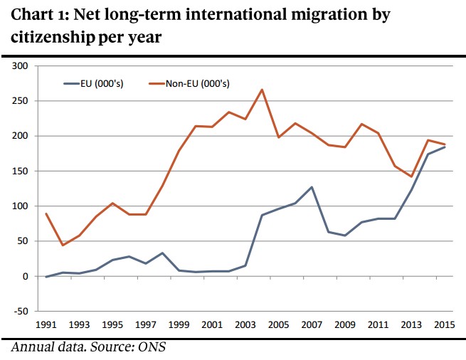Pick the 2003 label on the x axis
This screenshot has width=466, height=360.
(245, 325)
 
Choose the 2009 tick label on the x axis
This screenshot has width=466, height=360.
(345, 325)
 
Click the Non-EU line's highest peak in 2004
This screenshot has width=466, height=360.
(262, 90)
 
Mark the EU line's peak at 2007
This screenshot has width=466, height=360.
(312, 187)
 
